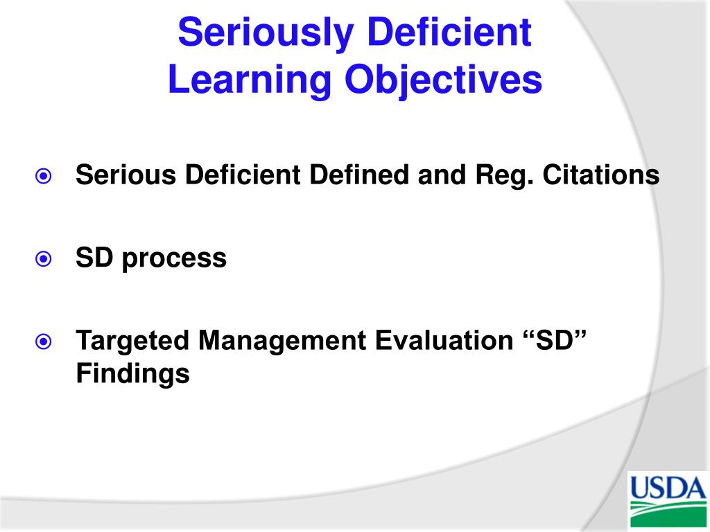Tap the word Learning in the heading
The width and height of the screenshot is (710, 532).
[x=250, y=80]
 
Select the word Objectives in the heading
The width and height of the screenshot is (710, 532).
[x=444, y=80]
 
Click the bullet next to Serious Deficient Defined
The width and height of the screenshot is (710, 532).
[x=44, y=177]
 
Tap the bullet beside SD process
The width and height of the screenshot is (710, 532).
[x=44, y=259]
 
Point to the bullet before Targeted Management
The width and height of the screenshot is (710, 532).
[x=44, y=342]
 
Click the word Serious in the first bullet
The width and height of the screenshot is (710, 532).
[x=126, y=175]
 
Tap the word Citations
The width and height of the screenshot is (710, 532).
[x=600, y=175]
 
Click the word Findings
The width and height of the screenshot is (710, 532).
[x=132, y=374]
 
